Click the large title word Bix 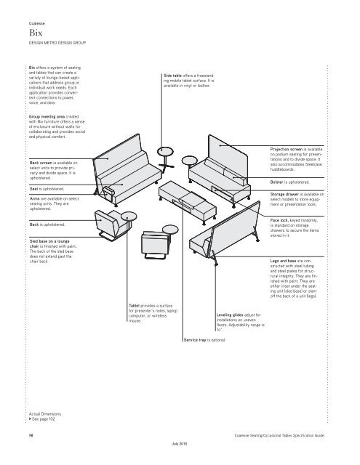pos(36,32)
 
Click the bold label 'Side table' pos(172,76)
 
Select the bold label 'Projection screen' pos(286,149)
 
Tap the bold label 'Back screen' pos(41,163)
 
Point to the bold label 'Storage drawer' pos(284,194)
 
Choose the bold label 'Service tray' pos(195,340)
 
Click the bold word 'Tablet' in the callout pos(134,305)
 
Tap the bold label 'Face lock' pos(279,220)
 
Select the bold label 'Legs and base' pos(283,261)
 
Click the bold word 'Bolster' pos(277,182)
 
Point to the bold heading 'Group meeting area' pos(47,116)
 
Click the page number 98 pos(31,435)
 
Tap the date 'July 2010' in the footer pos(180,444)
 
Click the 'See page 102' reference pos(42,419)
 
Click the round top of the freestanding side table pos(165,151)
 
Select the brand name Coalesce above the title pos(37,23)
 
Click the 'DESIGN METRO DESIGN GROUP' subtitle pos(57,43)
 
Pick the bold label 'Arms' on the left pos(34,198)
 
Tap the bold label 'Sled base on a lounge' pos(49,241)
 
